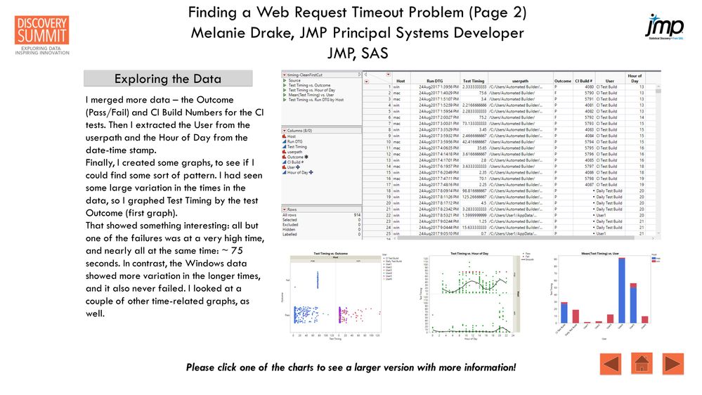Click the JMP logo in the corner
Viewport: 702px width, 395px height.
[663, 25]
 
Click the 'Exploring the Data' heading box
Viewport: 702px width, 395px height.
[167, 79]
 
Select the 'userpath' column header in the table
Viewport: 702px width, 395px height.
[521, 81]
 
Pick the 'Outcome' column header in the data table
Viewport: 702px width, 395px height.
[563, 81]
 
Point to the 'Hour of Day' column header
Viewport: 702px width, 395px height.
[635, 78]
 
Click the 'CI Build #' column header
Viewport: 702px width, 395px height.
[585, 81]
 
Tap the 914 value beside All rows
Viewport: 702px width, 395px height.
[356, 214]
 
